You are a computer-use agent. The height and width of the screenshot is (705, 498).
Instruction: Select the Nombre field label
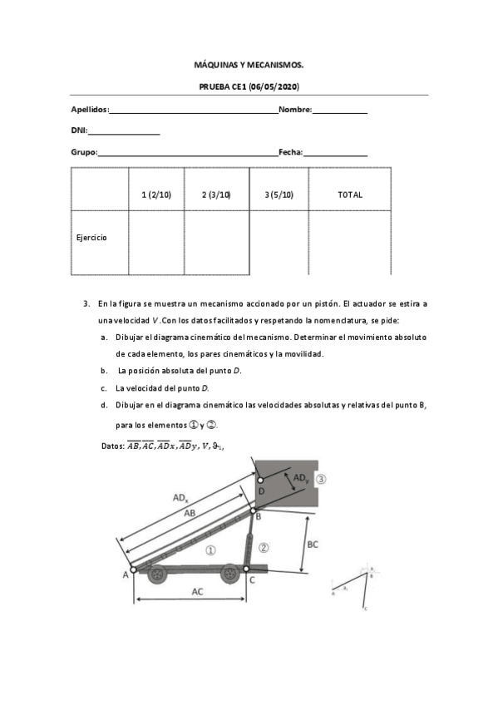pos(294,110)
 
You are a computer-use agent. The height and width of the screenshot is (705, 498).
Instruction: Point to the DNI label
pos(79,131)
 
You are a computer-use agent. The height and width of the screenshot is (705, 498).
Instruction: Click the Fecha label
pos(290,152)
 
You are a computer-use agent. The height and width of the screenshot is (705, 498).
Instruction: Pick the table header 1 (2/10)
pos(156,195)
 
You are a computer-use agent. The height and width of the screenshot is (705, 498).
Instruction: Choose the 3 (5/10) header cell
pos(279,195)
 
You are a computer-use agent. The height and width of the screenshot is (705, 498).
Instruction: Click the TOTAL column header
pos(350,195)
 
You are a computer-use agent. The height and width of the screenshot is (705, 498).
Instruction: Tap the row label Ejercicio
pos(91,238)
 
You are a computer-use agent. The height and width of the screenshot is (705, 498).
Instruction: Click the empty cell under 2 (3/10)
pos(216,241)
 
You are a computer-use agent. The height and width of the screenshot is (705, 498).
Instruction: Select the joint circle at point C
pos(247,569)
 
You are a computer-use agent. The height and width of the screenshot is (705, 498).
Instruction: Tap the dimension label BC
pos(312,544)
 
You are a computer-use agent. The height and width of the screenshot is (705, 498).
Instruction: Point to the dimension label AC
pos(197,592)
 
